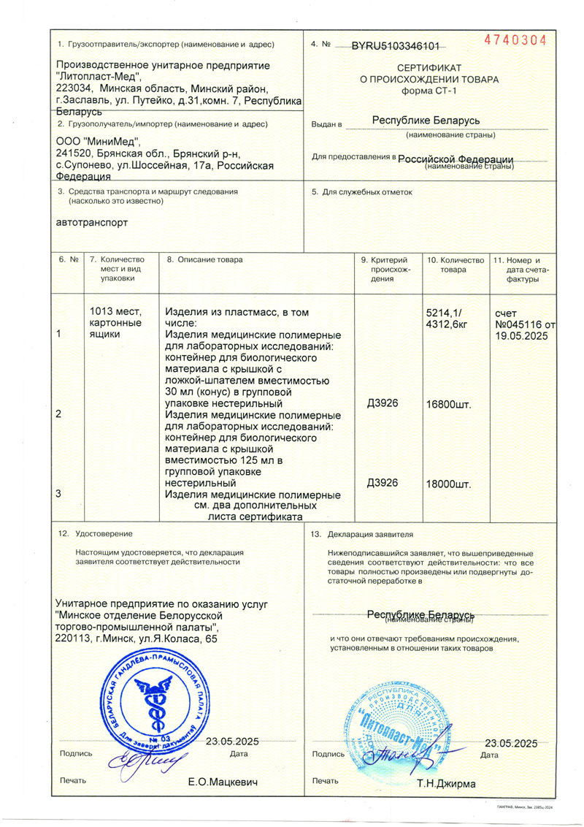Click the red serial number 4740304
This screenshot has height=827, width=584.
click(515, 40)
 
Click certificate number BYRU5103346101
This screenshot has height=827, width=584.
click(395, 46)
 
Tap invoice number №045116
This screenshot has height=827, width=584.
click(520, 324)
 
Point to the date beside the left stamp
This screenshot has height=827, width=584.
click(232, 742)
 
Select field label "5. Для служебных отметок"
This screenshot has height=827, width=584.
click(362, 192)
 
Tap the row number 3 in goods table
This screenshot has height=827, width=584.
click(59, 494)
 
